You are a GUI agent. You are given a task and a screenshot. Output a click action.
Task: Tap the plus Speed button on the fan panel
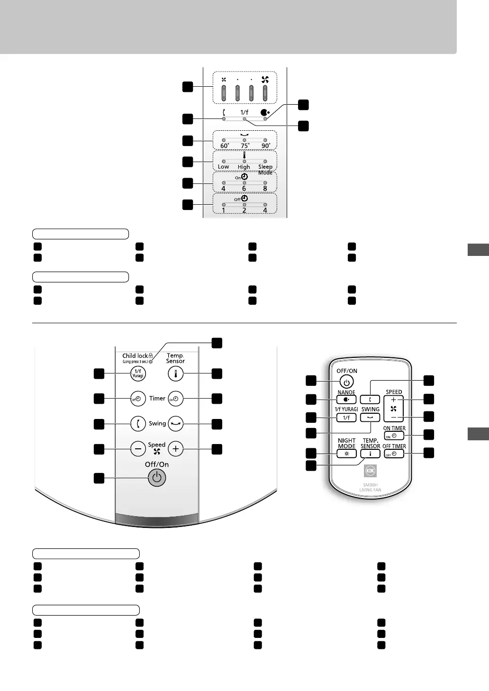click(175, 448)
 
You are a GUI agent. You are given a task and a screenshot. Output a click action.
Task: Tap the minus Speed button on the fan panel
click(138, 448)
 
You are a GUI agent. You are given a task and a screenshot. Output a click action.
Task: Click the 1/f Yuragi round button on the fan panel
click(138, 373)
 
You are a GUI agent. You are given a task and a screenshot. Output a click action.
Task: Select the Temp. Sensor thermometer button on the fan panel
click(175, 373)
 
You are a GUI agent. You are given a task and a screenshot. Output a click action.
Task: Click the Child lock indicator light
click(151, 362)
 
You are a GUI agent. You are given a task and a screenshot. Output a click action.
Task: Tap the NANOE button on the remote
click(346, 400)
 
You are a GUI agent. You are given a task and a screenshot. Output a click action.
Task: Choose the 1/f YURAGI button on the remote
click(346, 418)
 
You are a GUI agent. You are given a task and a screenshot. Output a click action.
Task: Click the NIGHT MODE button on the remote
click(346, 454)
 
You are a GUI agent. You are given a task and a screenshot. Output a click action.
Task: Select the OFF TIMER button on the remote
click(394, 454)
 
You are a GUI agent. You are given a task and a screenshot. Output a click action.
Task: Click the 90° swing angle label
click(265, 146)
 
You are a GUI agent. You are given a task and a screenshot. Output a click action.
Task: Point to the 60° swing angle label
click(224, 146)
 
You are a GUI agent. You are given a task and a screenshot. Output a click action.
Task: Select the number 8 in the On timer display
click(265, 188)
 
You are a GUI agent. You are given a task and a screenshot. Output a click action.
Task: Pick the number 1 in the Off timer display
click(224, 210)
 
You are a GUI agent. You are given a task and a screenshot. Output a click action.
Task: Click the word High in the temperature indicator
click(244, 167)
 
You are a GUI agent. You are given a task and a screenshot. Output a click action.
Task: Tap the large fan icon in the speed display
click(265, 80)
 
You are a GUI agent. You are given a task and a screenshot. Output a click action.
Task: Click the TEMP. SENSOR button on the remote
click(371, 454)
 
